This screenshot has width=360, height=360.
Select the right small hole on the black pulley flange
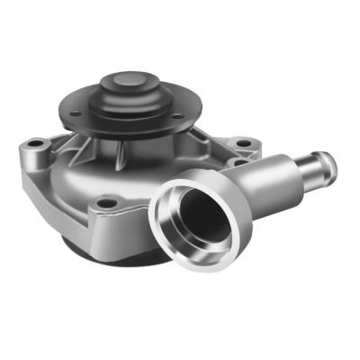pyautogui.click(x=177, y=116)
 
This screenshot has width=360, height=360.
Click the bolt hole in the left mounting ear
pyautogui.click(x=36, y=144)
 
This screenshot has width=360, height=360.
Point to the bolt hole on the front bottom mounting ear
pyautogui.click(x=107, y=203)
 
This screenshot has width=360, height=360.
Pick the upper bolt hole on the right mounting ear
pyautogui.click(x=241, y=142)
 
